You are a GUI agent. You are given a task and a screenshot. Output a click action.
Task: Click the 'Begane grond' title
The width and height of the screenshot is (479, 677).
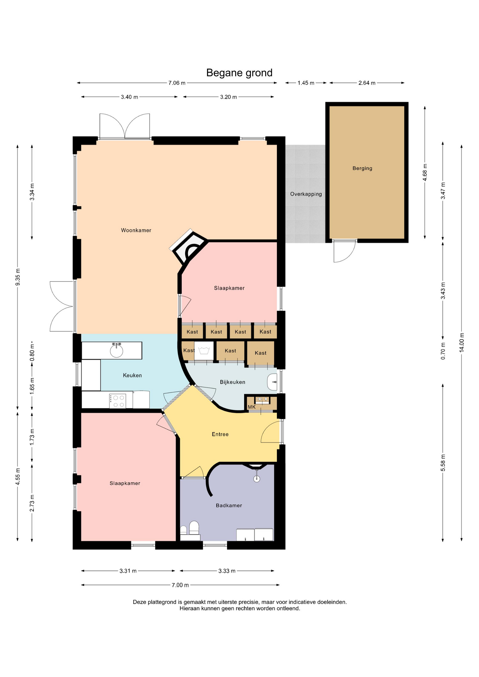tap(239, 73)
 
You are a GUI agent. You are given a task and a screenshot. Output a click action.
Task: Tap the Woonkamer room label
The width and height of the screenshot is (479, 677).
tap(136, 230)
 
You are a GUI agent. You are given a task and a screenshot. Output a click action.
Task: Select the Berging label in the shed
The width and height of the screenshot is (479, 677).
tap(362, 168)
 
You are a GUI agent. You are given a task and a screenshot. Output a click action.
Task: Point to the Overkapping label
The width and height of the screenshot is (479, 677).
tap(306, 194)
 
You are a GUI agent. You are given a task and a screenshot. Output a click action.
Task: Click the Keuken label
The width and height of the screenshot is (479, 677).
tap(132, 375)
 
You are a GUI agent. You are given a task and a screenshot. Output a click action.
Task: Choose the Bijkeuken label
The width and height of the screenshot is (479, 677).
tap(232, 382)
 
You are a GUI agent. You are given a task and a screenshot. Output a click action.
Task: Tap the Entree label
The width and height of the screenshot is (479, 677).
tap(220, 434)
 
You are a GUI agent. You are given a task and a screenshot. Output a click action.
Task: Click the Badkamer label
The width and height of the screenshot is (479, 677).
tap(229, 505)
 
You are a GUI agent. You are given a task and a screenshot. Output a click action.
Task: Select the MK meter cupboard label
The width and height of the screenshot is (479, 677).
tap(251, 407)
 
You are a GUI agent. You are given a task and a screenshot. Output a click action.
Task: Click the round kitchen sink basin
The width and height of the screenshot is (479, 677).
tap(116, 351)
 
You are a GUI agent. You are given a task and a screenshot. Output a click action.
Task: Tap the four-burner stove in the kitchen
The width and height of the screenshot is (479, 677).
tap(117, 401)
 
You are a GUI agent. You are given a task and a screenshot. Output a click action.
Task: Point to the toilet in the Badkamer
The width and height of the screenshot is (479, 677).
tap(194, 528)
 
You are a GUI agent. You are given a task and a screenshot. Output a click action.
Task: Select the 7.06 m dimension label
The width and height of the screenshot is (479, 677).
tap(177, 83)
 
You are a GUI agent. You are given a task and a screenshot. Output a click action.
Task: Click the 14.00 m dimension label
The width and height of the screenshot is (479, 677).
tap(462, 342)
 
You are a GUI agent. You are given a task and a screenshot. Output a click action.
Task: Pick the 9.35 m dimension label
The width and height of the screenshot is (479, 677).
tap(18, 277)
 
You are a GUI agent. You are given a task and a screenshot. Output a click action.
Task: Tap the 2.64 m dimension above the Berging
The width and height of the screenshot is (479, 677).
tap(367, 83)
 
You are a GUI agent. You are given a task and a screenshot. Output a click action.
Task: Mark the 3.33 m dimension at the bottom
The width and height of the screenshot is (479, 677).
tap(227, 571)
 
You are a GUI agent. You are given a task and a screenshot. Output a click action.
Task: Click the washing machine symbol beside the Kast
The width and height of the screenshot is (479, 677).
tap(204, 351)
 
